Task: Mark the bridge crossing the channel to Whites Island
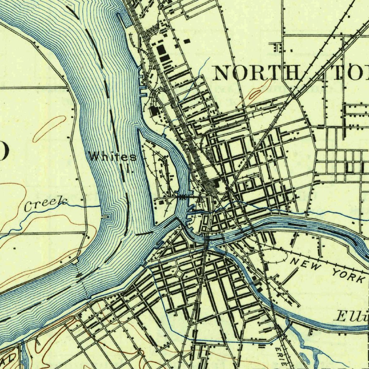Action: [x=182, y=197]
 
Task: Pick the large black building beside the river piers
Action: [x=155, y=111]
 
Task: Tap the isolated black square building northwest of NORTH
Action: [x=187, y=41]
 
